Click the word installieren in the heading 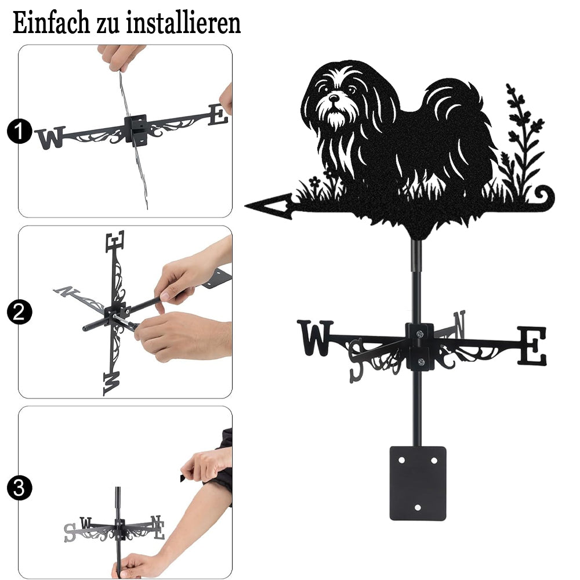(x=183, y=23)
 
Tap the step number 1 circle (x=19, y=131)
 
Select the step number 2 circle (x=19, y=312)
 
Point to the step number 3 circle (x=19, y=488)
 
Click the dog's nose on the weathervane (x=334, y=98)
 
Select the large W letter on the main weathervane (x=315, y=338)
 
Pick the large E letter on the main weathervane (x=531, y=346)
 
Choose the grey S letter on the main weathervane (x=357, y=360)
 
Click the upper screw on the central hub (x=419, y=335)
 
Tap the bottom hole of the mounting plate (x=418, y=507)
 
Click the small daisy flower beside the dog (x=314, y=181)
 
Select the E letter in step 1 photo (x=218, y=114)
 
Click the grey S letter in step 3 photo (x=70, y=532)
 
